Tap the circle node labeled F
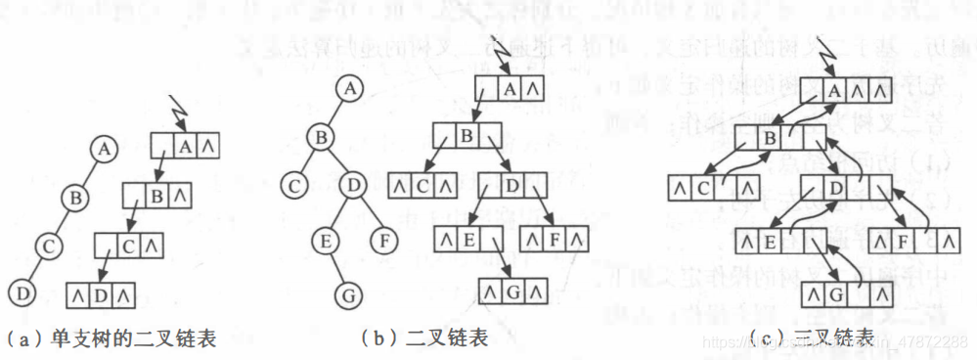pos(385,237)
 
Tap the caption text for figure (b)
pos(423,338)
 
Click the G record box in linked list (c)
pos(847,292)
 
